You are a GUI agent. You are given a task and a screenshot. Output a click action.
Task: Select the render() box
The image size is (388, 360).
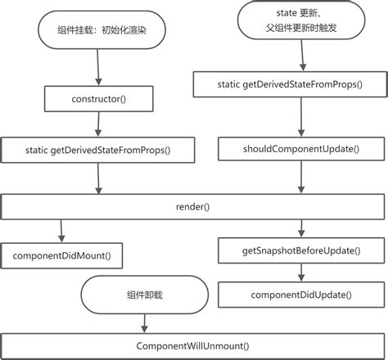point(193,206)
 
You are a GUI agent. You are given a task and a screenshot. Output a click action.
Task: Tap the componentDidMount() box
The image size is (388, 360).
point(61,255)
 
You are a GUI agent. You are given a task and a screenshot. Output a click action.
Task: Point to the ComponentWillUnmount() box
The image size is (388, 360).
point(193,344)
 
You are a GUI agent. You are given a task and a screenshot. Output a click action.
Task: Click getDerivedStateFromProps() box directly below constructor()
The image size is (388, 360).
point(98,150)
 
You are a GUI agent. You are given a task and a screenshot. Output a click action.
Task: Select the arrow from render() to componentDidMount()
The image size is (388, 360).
point(61,230)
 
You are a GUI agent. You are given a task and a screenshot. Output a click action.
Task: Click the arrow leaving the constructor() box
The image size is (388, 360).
point(97,124)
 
